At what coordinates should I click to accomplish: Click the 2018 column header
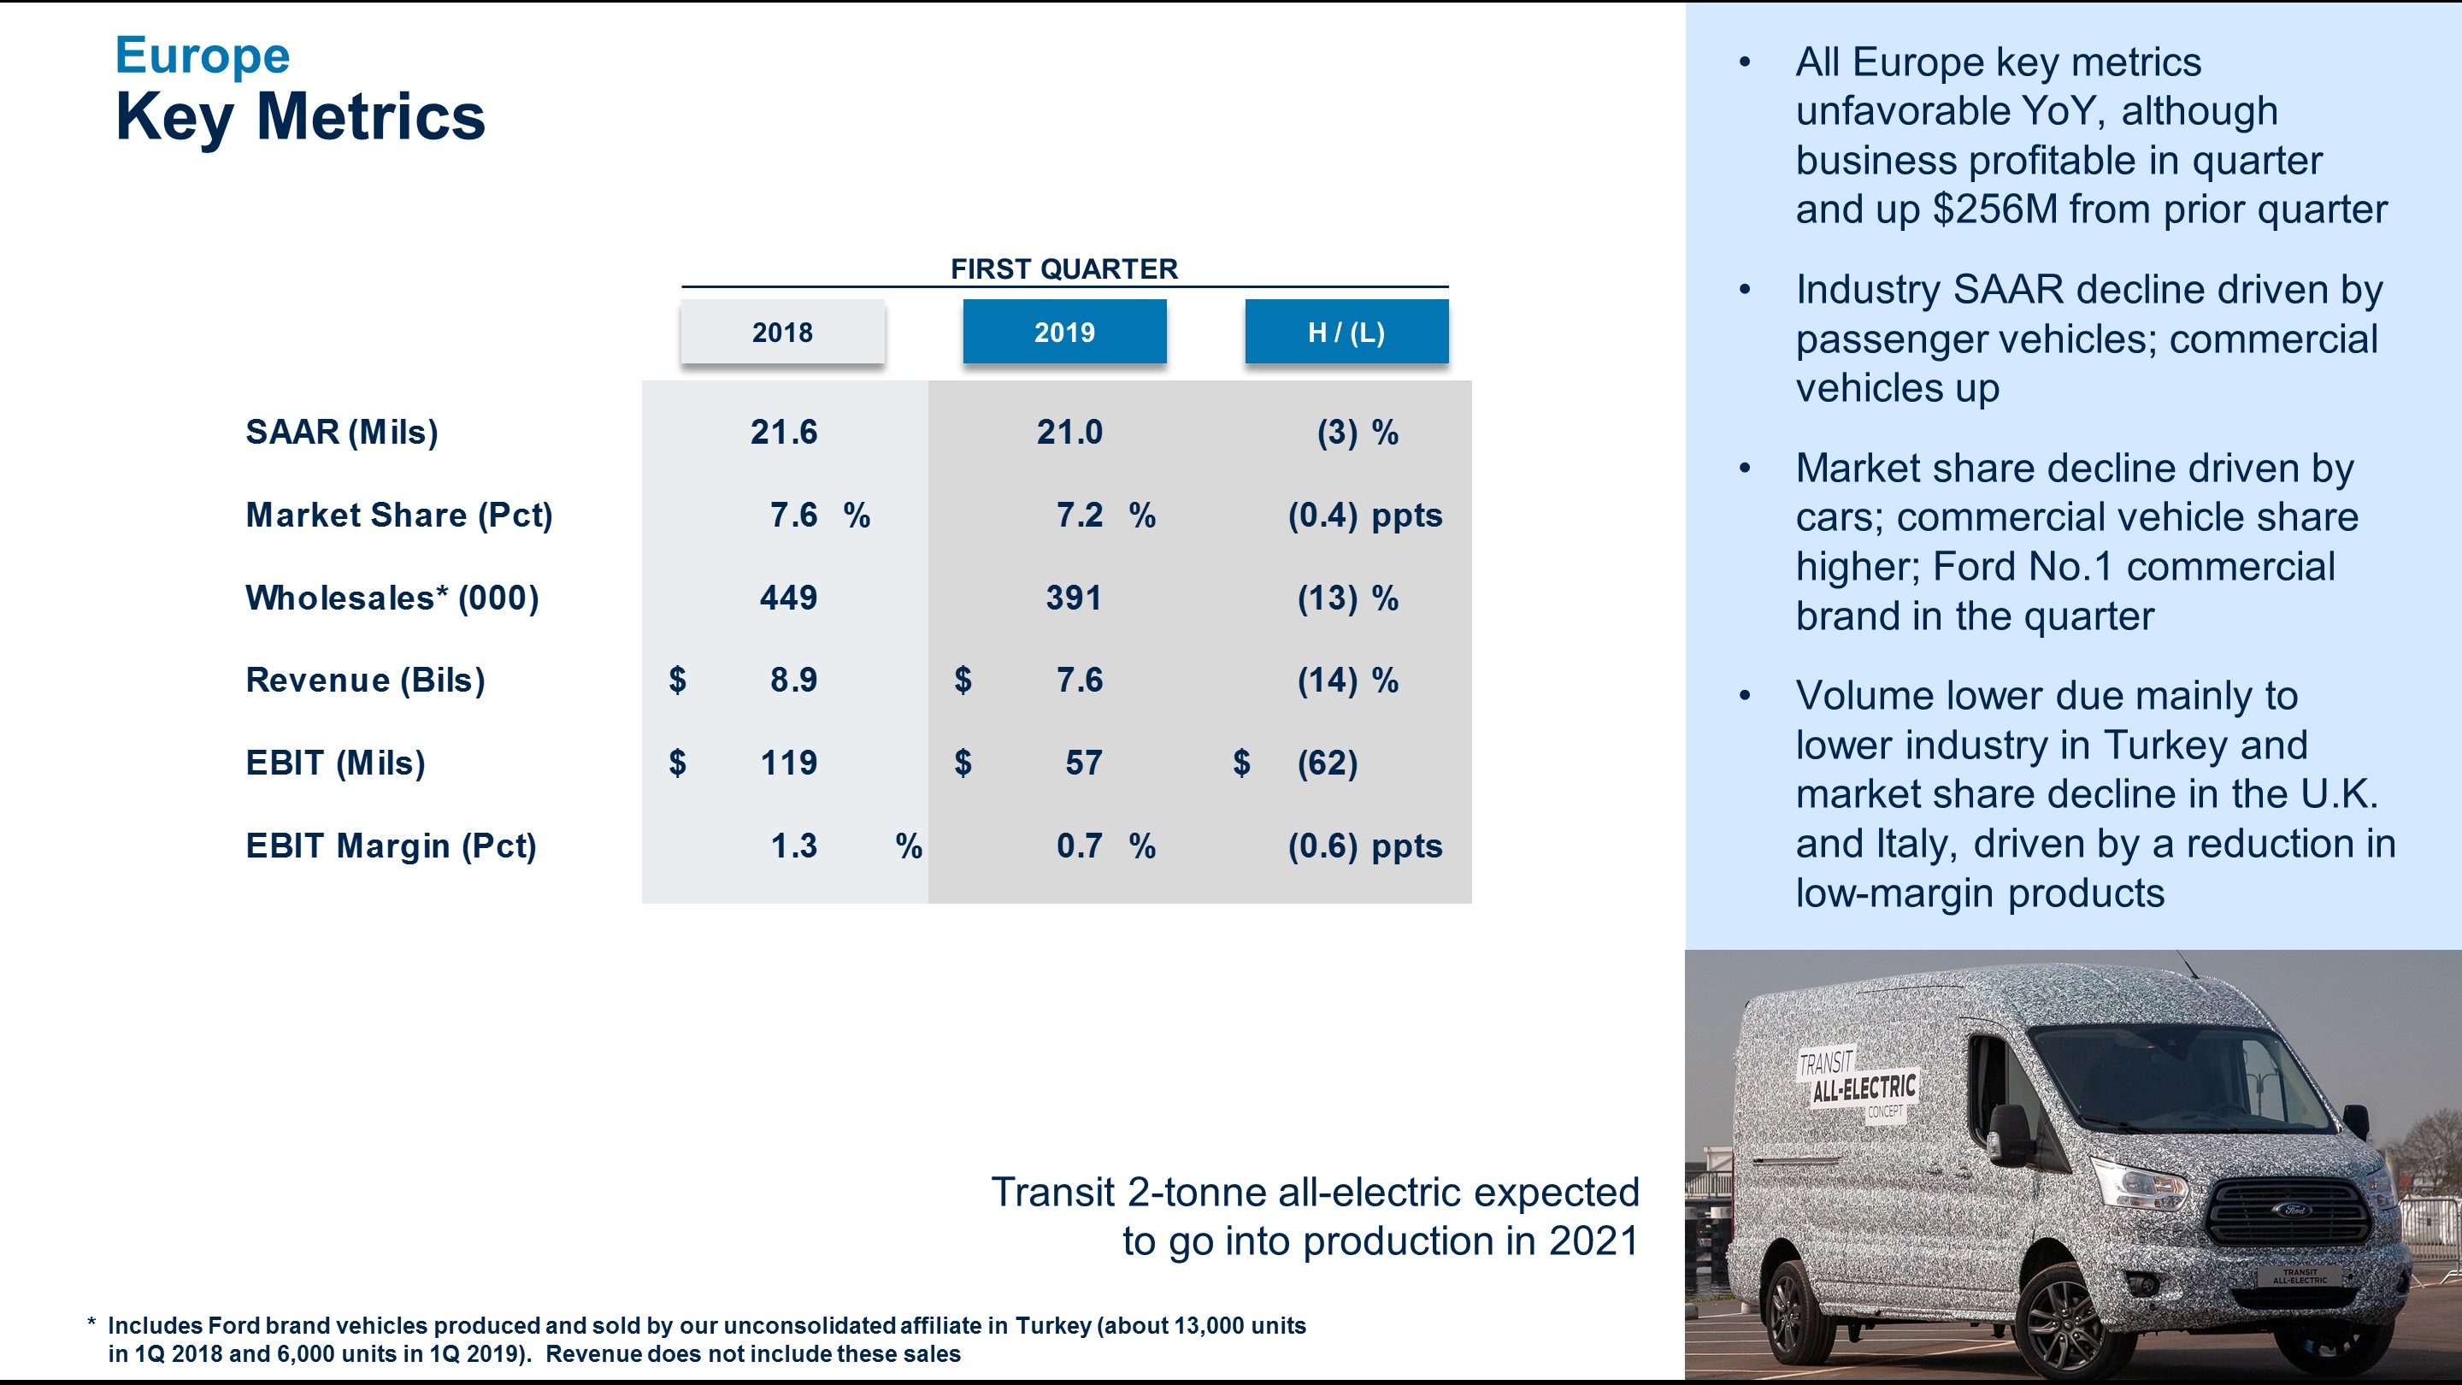pos(782,332)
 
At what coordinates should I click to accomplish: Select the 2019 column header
pos(1063,332)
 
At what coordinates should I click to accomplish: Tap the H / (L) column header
pos(1346,332)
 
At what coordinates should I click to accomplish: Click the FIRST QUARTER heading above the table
pos(1063,268)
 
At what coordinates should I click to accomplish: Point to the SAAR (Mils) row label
pos(342,432)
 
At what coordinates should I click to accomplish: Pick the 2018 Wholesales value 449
pos(788,598)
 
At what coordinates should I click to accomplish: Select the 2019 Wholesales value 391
pos(1074,598)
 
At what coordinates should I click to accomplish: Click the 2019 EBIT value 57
pos(1084,763)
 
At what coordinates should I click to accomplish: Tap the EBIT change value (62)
pos(1328,763)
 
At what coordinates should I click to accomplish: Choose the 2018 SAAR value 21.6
pos(784,432)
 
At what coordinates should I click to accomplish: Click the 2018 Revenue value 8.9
pos(793,681)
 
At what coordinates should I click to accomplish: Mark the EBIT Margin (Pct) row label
pos(391,846)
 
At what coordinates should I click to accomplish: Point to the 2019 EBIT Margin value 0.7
pos(1079,846)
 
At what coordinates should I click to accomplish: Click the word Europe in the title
pos(202,56)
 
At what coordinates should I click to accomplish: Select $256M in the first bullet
pos(1994,209)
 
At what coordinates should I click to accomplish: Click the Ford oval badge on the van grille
pos(2294,1210)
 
